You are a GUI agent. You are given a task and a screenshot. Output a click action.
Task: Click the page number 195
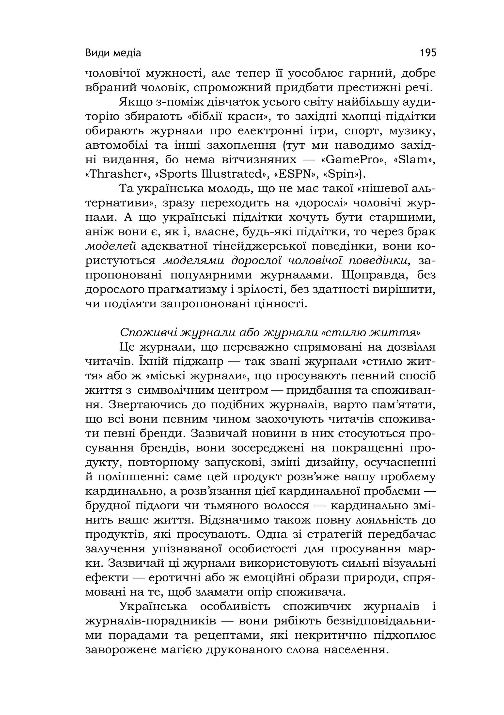[x=428, y=53]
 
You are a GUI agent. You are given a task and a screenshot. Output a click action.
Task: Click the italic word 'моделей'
[x=110, y=247]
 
